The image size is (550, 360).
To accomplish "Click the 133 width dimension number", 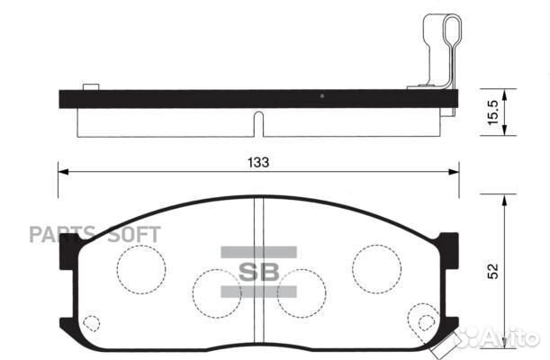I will point(257,162).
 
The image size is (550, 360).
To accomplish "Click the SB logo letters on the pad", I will point(259,271).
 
